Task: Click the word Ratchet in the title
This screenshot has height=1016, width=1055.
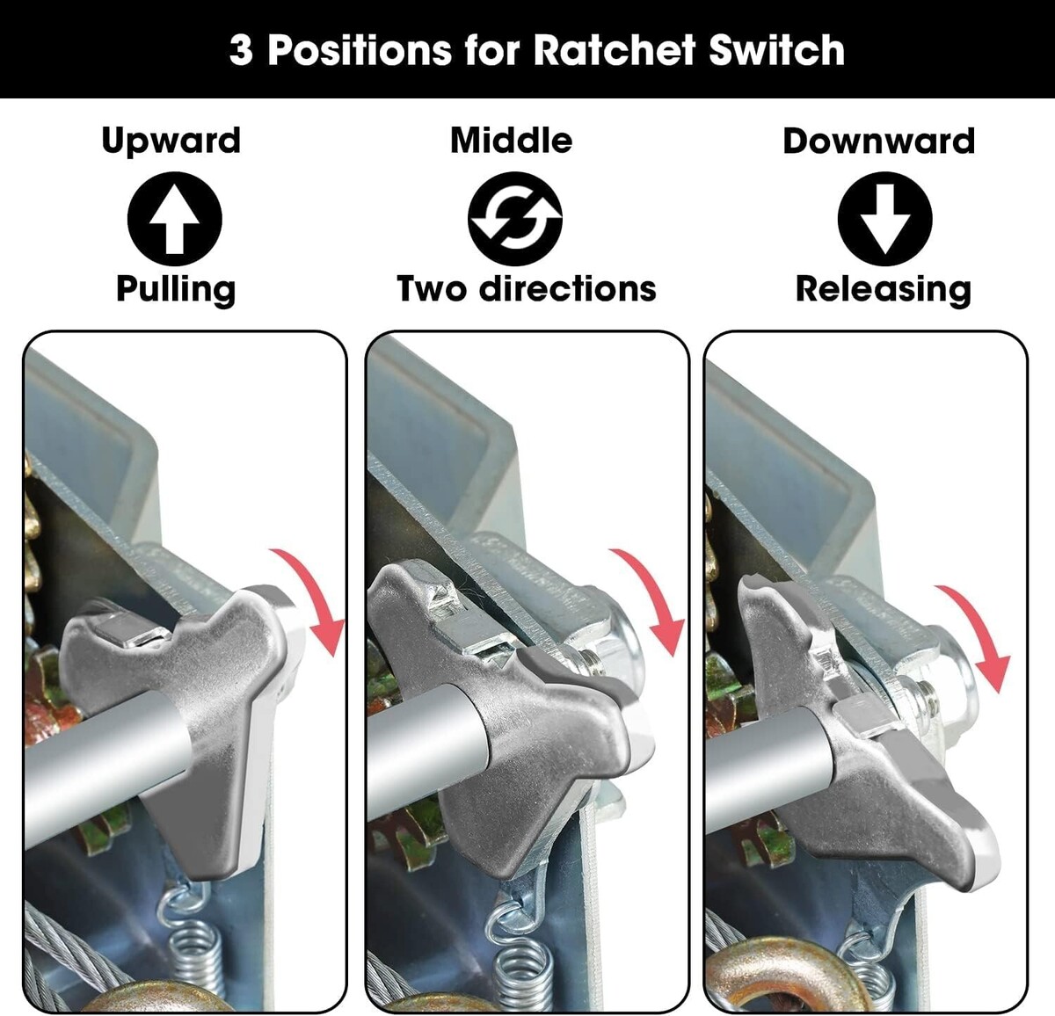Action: pos(615,49)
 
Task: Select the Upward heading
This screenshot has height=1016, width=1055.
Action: pos(171,141)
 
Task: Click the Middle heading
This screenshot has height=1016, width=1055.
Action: pos(512,141)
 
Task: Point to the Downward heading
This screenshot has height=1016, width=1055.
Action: pos(879,141)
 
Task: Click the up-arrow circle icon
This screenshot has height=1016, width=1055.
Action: pos(175,219)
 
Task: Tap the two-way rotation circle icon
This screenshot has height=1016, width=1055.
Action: pos(515,219)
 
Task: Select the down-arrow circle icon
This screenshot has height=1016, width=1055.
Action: pos(884,219)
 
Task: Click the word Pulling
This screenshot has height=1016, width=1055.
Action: pos(176,290)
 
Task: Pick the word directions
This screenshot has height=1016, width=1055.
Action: pos(568,288)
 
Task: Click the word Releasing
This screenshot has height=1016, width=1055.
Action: pos(884,290)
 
